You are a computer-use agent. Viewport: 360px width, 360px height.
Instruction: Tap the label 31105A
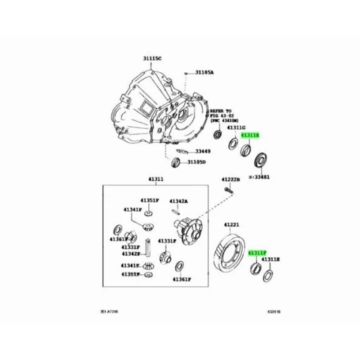pyautogui.click(x=204, y=72)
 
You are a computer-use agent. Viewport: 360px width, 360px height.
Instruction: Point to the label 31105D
pyautogui.click(x=196, y=162)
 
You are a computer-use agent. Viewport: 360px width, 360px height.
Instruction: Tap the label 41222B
pyautogui.click(x=230, y=179)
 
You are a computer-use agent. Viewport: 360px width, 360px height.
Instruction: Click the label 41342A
pyautogui.click(x=179, y=201)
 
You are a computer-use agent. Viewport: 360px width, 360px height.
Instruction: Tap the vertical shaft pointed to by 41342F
pyautogui.click(x=148, y=248)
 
